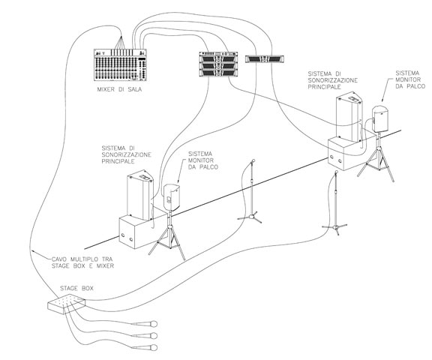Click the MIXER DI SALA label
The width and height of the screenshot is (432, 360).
click(x=119, y=89)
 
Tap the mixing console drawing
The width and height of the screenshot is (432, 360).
click(x=120, y=65)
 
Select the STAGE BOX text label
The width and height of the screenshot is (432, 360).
click(x=76, y=289)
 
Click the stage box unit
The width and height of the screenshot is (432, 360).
click(x=67, y=304)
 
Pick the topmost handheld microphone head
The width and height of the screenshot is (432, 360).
click(x=154, y=324)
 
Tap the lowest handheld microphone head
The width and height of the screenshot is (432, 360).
click(x=154, y=347)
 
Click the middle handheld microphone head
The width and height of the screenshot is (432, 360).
click(x=154, y=336)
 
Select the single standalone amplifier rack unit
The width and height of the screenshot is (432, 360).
click(x=265, y=58)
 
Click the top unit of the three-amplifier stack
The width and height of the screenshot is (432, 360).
click(x=218, y=58)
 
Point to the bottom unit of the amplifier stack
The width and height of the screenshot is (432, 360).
click(x=218, y=73)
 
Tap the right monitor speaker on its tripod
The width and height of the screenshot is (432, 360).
click(x=380, y=119)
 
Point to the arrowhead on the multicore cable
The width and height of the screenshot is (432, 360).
click(x=33, y=251)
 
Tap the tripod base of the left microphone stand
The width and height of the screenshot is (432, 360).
click(x=250, y=217)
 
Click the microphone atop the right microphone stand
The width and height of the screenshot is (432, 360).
click(x=336, y=172)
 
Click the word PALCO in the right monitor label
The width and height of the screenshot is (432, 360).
click(x=416, y=86)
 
